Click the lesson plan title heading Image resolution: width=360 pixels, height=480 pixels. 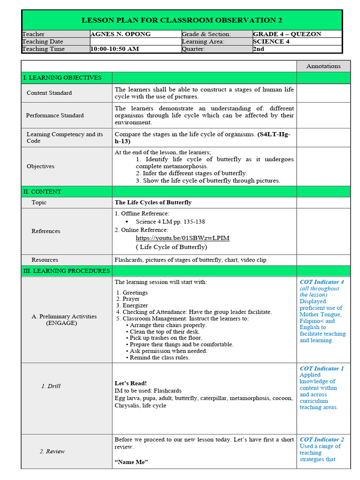point(182,20)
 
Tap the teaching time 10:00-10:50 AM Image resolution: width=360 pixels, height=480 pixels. point(114,49)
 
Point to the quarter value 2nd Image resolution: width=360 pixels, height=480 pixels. point(258,49)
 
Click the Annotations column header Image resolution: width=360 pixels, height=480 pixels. point(323,66)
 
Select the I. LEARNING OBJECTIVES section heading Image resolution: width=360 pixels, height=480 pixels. point(62,77)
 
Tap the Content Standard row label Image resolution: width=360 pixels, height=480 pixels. point(49,93)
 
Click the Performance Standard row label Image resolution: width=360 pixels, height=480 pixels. point(55,115)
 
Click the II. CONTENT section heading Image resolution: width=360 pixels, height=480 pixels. point(42,192)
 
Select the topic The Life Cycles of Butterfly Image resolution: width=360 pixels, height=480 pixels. point(153,202)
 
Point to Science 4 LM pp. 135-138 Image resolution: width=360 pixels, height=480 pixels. point(170,222)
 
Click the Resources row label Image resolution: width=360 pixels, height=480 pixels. point(45,260)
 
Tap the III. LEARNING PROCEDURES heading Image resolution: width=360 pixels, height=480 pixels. point(66,271)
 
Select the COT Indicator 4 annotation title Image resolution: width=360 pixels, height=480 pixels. point(322,282)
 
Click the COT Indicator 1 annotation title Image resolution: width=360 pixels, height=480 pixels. point(322,368)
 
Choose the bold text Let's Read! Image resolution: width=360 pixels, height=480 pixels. point(131,383)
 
